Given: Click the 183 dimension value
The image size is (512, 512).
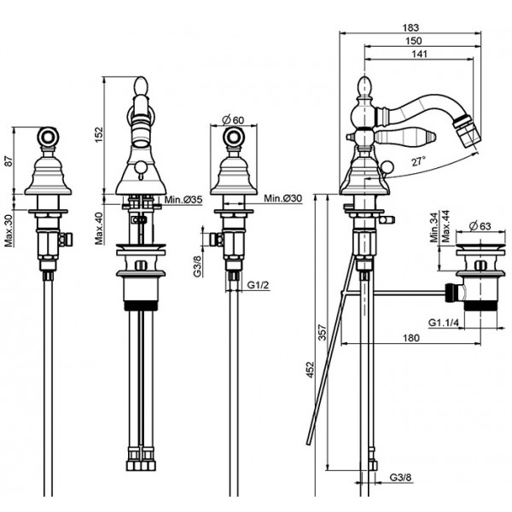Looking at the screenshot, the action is click(410, 27).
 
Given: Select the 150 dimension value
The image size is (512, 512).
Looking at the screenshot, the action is click(414, 41).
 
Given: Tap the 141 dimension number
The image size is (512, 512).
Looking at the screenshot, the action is click(419, 54).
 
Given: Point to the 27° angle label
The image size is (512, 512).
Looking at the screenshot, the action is click(418, 161).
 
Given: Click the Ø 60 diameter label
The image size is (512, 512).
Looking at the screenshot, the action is click(233, 119).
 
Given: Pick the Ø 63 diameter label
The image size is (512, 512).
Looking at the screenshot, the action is click(480, 225).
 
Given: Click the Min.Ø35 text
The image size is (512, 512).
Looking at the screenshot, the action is click(183, 199).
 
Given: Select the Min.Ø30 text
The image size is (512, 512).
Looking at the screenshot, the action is click(283, 198).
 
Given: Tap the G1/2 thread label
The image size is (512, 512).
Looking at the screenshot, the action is click(258, 285).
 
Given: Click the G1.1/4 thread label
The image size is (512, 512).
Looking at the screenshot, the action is click(444, 323).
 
